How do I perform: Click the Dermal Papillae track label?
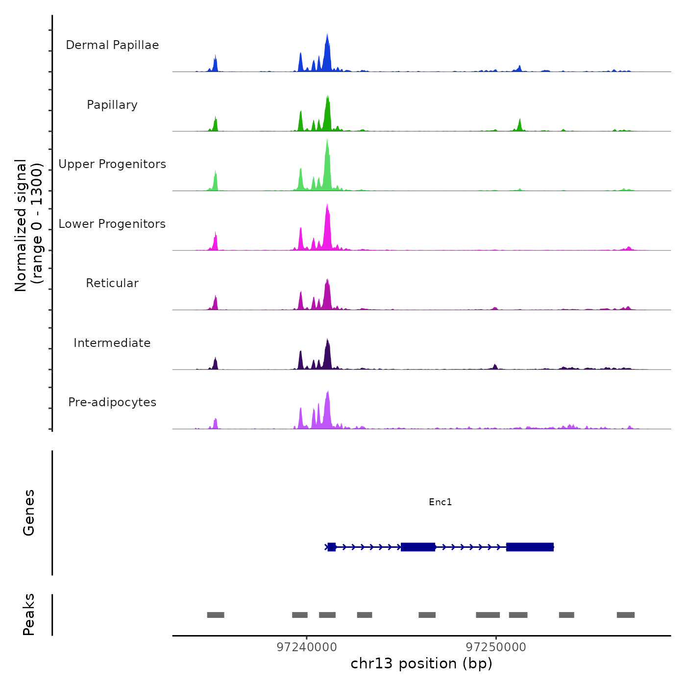coord(112,45)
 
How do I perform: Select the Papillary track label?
coord(112,105)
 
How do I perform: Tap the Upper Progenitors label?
coord(112,164)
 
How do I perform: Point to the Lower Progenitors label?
coord(112,224)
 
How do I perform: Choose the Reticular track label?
coord(112,283)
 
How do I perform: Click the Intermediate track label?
coord(112,343)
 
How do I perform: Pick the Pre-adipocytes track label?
coord(112,402)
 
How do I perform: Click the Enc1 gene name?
coord(440,502)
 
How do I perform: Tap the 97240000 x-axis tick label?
coord(307,647)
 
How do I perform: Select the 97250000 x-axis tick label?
coord(496,647)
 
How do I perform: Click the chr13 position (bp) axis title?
coord(421,663)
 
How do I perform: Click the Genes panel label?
coord(29,513)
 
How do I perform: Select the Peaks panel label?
coord(29,614)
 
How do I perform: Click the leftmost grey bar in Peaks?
coord(216,615)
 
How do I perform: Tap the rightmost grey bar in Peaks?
coord(626,615)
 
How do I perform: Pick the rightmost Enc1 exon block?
coord(530,547)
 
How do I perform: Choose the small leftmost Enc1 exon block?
coord(332,547)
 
